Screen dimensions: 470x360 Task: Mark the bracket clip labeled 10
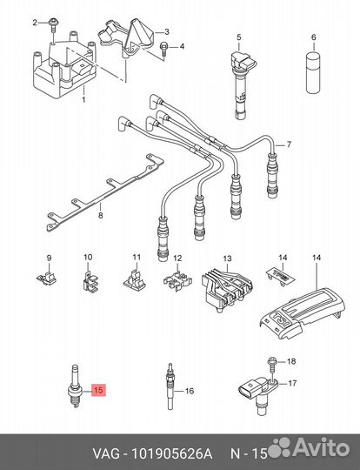point(88,279)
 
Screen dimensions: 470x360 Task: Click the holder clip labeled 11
point(134,279)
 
